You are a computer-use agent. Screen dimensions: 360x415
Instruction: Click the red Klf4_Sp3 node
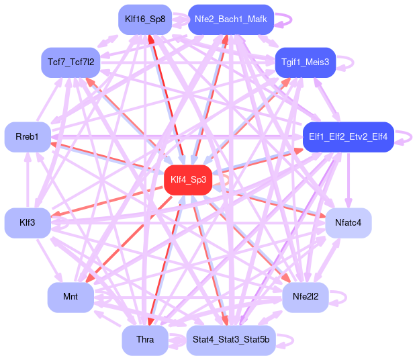point(188,179)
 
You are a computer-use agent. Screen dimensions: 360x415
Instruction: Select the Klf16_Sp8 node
point(145,19)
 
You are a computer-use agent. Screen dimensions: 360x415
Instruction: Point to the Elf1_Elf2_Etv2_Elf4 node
point(347,136)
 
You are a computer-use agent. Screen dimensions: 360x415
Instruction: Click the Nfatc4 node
point(348,222)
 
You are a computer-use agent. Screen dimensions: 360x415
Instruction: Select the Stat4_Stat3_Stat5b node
point(230,340)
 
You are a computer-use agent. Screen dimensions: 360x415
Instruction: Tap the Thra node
point(145,340)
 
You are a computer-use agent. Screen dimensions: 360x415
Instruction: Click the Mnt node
point(70,296)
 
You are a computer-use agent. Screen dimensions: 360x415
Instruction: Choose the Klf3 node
point(28,222)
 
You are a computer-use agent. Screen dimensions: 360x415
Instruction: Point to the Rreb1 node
point(28,136)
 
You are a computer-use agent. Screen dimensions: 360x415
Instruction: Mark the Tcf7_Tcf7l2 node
point(70,62)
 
